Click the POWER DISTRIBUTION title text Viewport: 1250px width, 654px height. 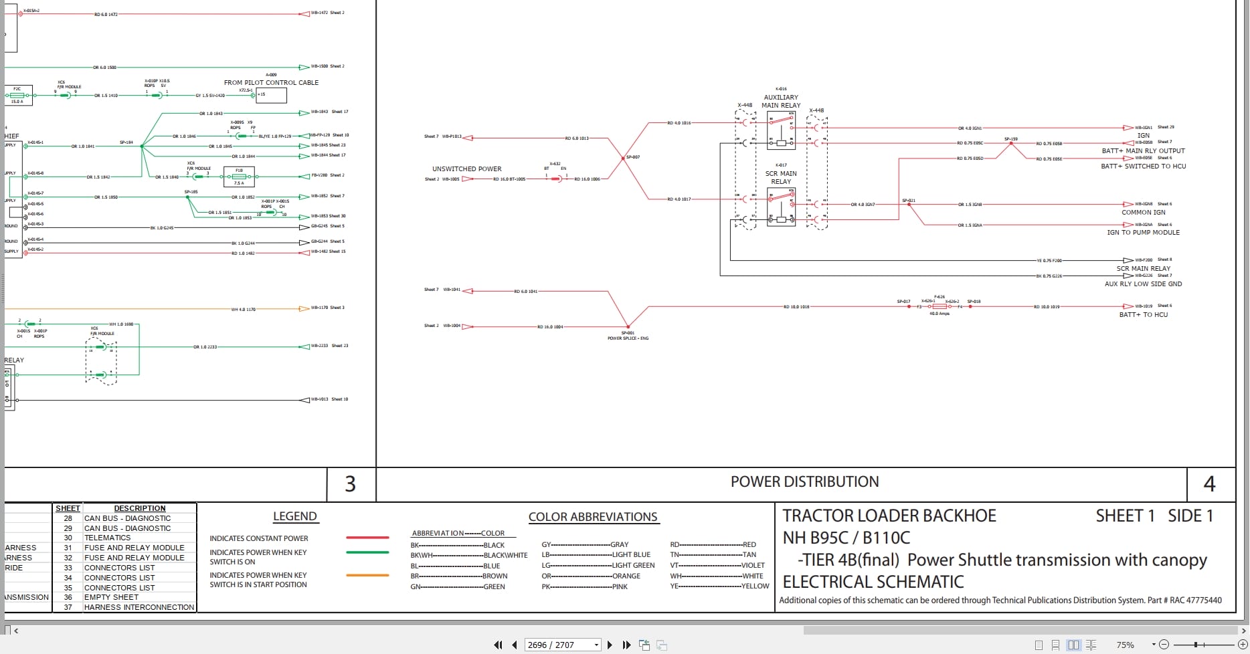click(804, 482)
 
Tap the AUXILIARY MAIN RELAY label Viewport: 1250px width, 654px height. click(781, 101)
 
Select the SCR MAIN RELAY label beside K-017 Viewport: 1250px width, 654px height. click(781, 177)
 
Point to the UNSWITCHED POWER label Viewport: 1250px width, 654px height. click(466, 169)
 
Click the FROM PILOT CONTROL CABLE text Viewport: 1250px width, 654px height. click(271, 83)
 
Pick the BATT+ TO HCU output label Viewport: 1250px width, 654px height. click(1143, 314)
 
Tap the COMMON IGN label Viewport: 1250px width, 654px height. click(1143, 213)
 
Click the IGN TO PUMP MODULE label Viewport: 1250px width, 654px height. click(1143, 233)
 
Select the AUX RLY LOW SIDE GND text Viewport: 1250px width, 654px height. click(1143, 284)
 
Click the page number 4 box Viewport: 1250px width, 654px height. click(1209, 484)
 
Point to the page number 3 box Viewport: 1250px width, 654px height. click(350, 484)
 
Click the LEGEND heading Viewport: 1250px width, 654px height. click(294, 516)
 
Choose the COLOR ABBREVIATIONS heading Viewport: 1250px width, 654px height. click(593, 517)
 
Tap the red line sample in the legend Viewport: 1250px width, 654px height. click(367, 538)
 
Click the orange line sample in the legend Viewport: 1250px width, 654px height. click(367, 575)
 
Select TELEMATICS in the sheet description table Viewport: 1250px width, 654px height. click(107, 538)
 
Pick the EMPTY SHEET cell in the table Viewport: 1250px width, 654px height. click(111, 597)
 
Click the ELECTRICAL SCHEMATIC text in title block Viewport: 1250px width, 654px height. click(873, 582)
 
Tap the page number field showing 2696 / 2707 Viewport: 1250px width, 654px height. click(559, 645)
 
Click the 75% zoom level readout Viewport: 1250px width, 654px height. click(1125, 645)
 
